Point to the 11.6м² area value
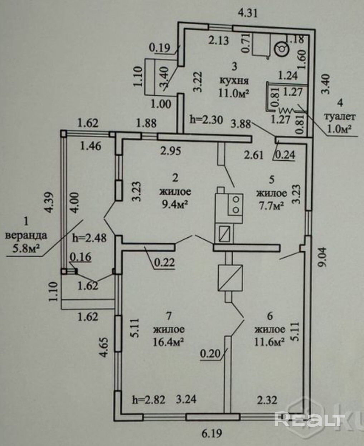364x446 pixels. (270, 342)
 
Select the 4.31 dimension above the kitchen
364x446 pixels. (248, 13)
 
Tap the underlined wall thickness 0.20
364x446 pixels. (211, 354)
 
